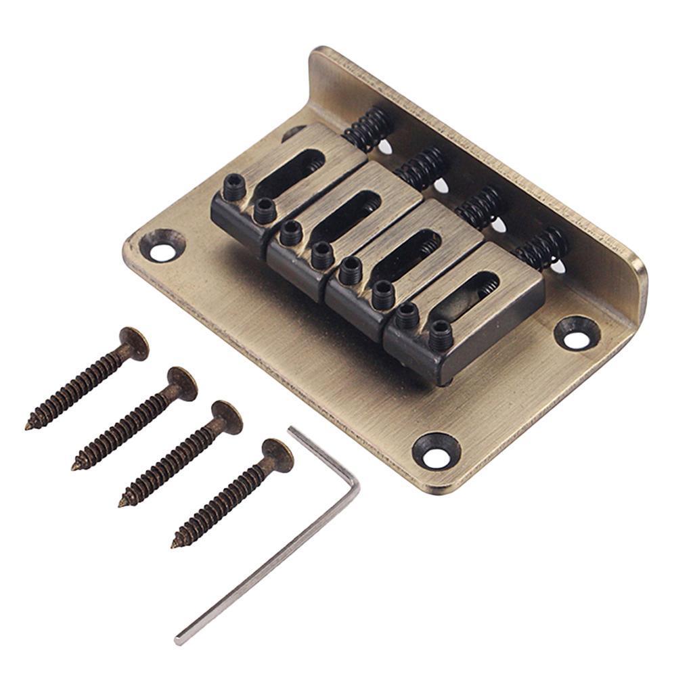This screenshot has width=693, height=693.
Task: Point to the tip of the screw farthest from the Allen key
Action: coord(30,426)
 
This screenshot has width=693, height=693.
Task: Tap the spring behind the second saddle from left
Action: coord(423,166)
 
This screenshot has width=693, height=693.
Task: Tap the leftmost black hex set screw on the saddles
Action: coord(234,183)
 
